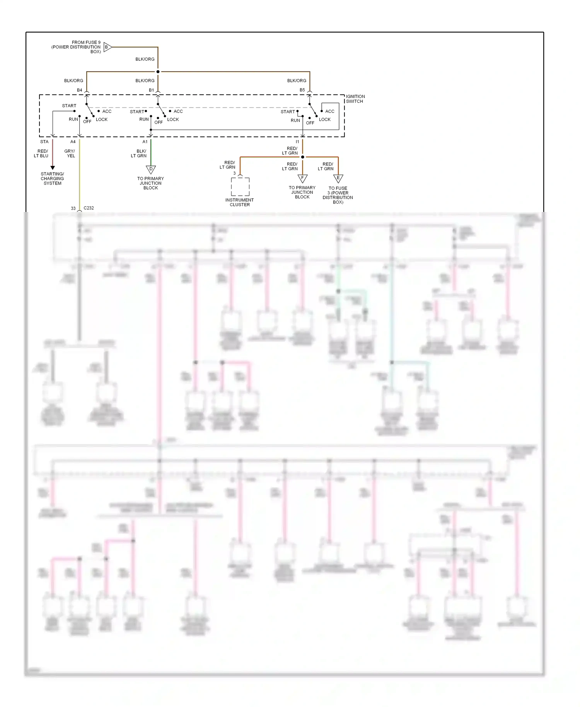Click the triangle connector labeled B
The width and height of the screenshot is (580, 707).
tap(107, 47)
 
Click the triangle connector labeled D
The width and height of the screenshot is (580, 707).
tap(151, 169)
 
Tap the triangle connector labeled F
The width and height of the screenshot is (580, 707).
tap(302, 178)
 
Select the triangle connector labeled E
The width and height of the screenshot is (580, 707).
tap(338, 179)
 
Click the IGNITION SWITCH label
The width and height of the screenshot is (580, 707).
tap(355, 99)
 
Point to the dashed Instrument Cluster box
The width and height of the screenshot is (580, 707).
tap(240, 187)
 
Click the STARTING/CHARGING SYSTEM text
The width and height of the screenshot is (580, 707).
tap(52, 179)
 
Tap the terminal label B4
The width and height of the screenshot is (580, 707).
tap(79, 90)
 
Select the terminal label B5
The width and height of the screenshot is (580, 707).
tap(302, 90)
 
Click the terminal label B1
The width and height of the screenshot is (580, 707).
tap(151, 90)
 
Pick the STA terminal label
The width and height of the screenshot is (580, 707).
tap(44, 142)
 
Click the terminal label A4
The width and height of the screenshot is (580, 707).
tap(73, 142)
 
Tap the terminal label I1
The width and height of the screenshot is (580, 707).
tap(297, 142)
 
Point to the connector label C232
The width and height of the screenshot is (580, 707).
tap(89, 208)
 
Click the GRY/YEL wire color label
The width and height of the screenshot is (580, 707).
tap(70, 154)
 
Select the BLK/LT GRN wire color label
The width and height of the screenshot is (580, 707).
tap(139, 154)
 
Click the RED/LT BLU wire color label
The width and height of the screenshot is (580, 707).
tap(41, 154)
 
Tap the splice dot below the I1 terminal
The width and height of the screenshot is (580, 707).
tap(302, 157)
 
